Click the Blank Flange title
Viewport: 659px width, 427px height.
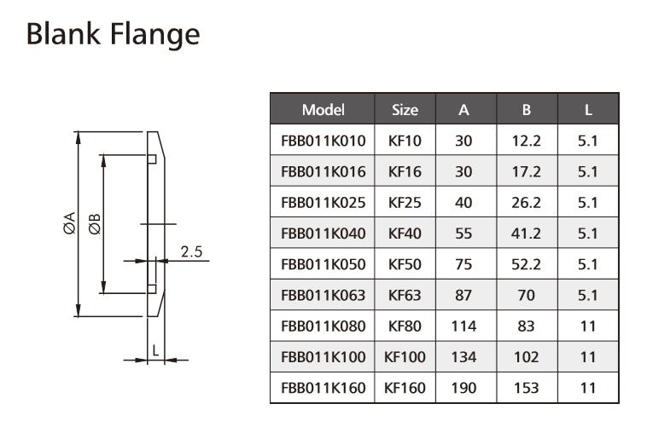[x=113, y=35]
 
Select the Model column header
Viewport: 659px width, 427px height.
[x=323, y=110]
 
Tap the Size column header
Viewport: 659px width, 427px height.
[x=405, y=110]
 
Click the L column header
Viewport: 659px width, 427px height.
[x=588, y=110]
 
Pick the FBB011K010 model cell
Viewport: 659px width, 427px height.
[x=323, y=141]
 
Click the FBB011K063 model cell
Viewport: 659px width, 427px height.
[x=323, y=296]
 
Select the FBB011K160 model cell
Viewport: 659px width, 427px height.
[x=323, y=388]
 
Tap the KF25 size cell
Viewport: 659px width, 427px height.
[x=405, y=203]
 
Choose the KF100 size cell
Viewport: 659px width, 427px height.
[x=405, y=357]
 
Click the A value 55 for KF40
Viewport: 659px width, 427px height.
[x=464, y=234]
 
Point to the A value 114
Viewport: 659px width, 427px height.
[x=464, y=326]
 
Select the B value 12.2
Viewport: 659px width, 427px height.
[x=527, y=141]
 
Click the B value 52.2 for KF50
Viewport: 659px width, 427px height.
[x=527, y=264]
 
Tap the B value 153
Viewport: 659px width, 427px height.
[x=527, y=388]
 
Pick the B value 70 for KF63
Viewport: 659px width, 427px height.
[x=527, y=296]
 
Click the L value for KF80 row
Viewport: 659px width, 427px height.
[x=588, y=326]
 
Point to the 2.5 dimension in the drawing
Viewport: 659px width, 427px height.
[x=191, y=251]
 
